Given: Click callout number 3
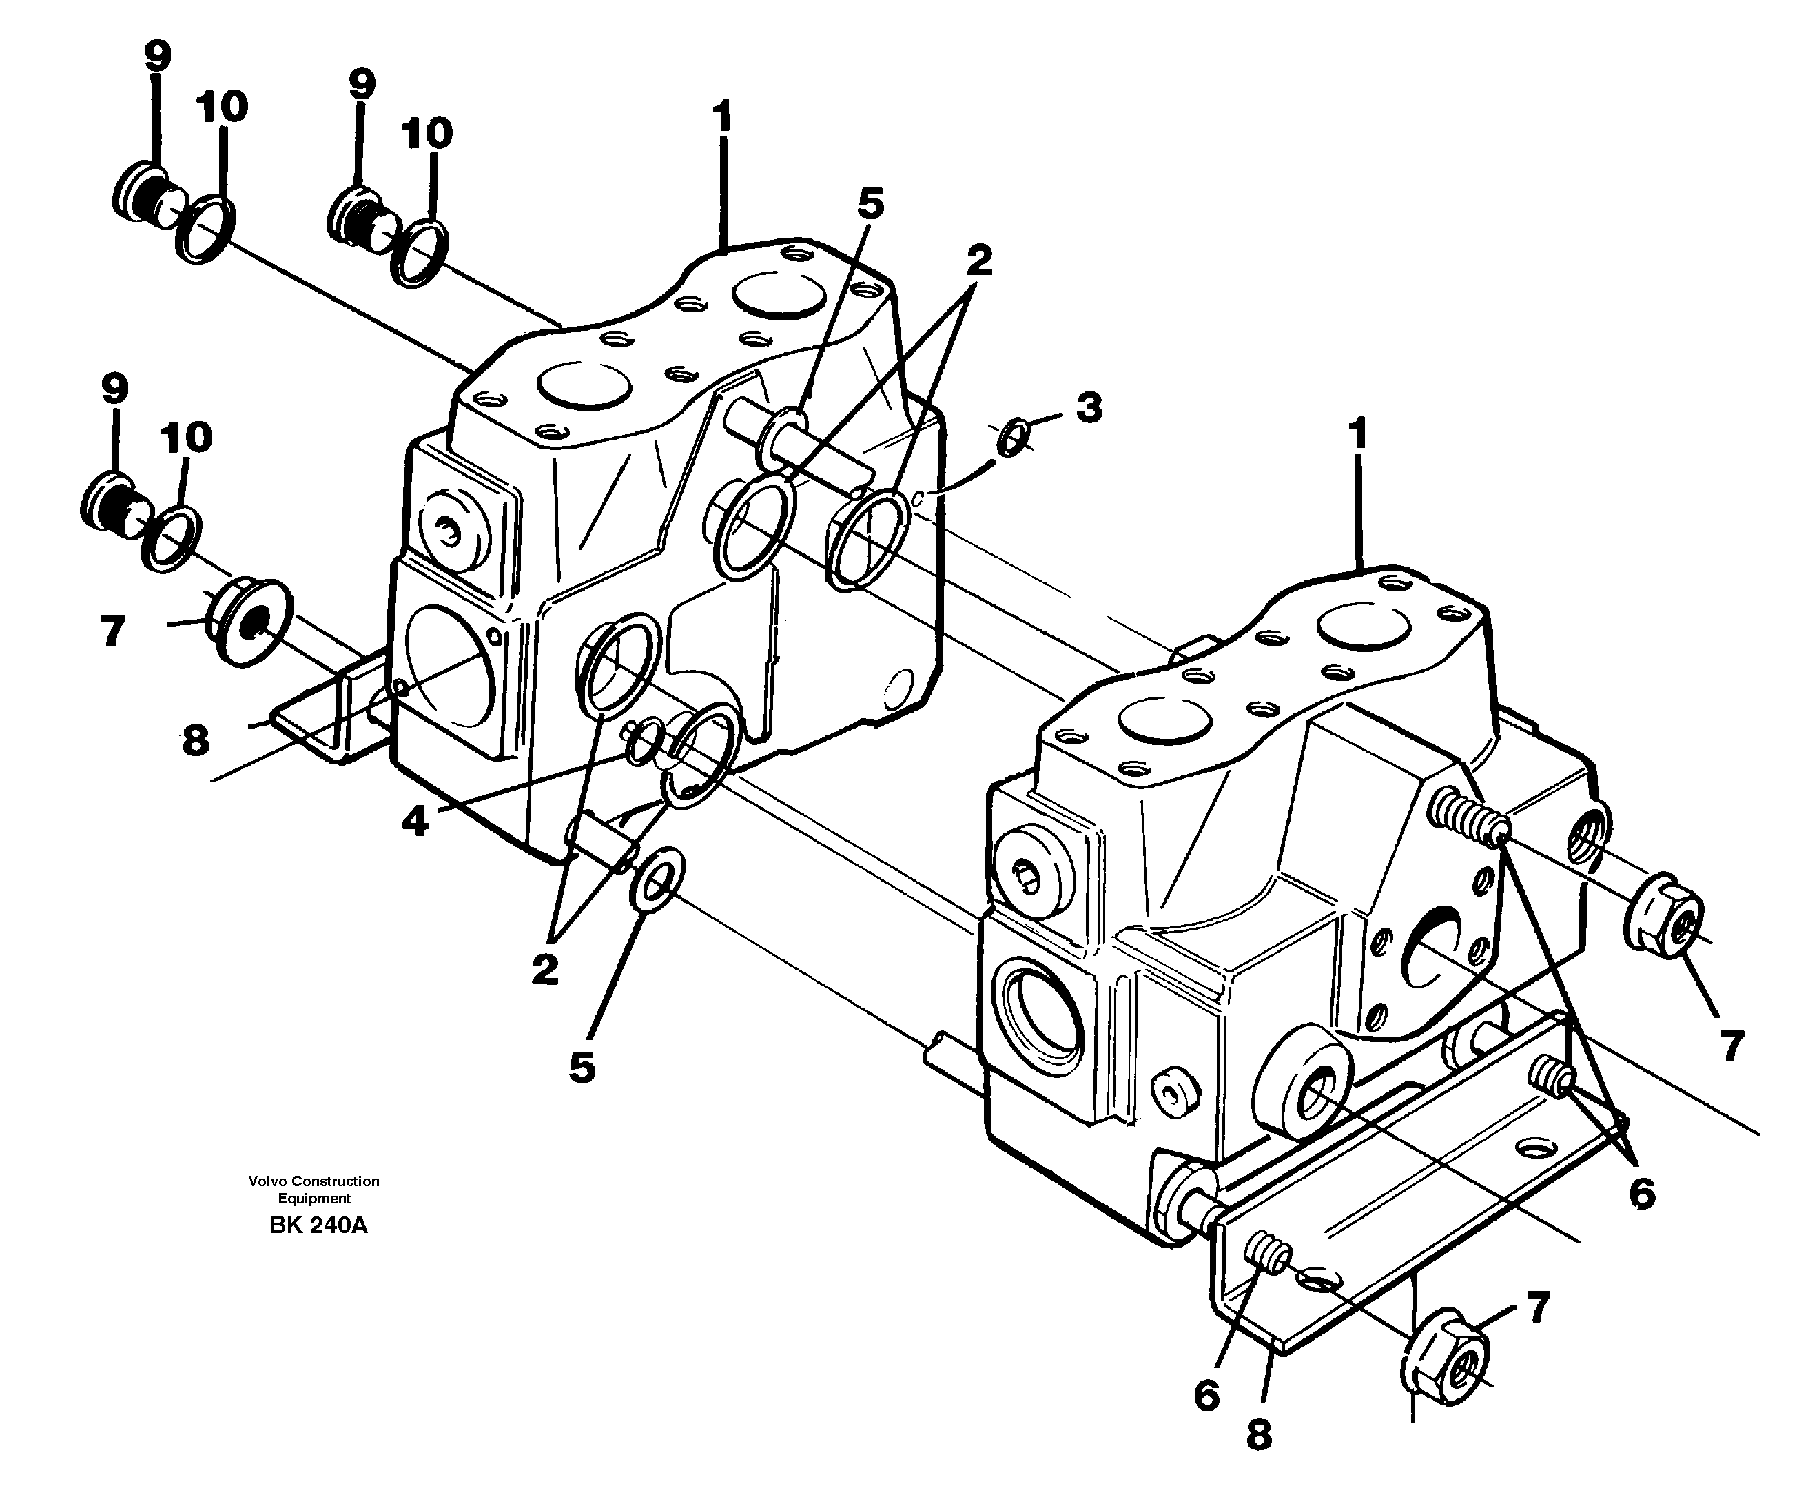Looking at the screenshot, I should coord(1089,408).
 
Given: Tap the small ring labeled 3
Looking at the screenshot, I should coord(1012,438).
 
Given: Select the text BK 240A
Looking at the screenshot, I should coord(318,1225).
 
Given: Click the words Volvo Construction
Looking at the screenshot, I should coord(314,1181).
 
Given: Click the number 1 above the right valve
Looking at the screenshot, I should coord(1358,435).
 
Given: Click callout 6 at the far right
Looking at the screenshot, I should coord(1641,1194).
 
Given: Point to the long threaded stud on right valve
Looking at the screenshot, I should coord(1468,817).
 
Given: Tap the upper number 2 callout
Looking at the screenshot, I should coord(978,261).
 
